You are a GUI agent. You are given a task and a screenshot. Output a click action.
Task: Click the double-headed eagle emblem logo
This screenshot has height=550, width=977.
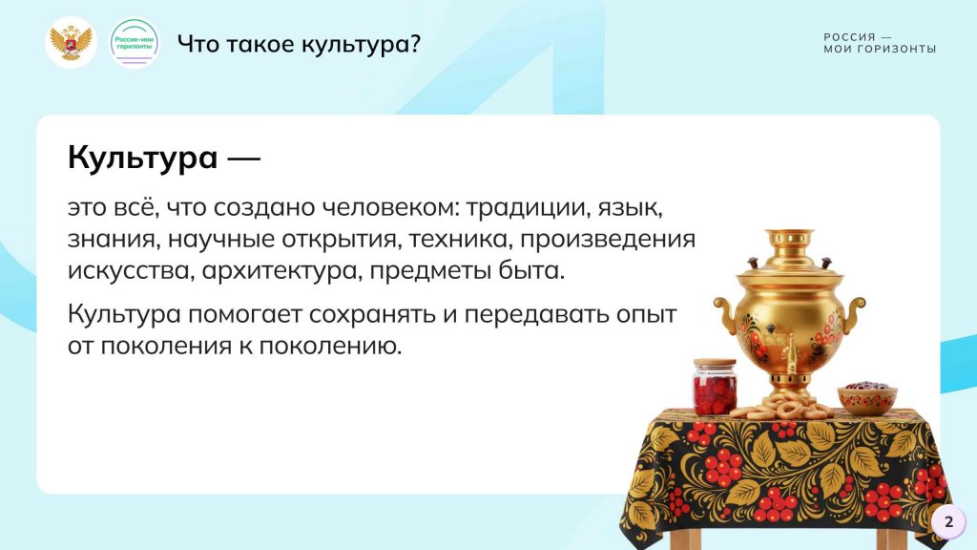click(x=71, y=42)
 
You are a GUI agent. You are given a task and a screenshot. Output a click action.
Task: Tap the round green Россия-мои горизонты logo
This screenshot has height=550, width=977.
click(x=134, y=42)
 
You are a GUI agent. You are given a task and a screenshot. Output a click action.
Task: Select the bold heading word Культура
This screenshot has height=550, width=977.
click(x=143, y=158)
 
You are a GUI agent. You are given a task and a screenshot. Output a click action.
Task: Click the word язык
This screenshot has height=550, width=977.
click(x=630, y=207)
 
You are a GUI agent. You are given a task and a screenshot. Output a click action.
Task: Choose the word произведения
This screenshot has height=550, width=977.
click(x=608, y=241)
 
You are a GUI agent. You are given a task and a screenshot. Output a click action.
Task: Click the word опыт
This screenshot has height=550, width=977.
click(x=646, y=314)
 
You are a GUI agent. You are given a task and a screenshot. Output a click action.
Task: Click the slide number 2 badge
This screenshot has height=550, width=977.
click(x=948, y=521)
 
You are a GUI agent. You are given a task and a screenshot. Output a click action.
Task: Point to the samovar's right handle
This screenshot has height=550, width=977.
click(x=854, y=315)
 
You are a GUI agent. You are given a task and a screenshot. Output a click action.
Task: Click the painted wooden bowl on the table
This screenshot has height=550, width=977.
click(x=866, y=397)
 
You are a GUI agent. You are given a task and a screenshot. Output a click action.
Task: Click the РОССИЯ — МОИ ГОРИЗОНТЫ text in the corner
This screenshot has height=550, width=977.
click(x=880, y=43)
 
